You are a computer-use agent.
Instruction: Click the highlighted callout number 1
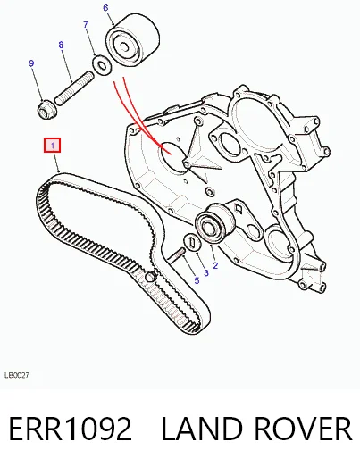pos(53,145)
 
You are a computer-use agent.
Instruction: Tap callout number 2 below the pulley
pos(215,265)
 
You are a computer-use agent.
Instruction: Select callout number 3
pos(206,273)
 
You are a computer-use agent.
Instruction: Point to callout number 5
pos(197,280)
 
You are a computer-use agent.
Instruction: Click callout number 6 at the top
pos(105,8)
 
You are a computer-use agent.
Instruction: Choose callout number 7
pos(86,24)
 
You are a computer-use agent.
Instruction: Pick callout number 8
pos(61,45)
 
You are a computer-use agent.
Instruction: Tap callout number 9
pos(31,63)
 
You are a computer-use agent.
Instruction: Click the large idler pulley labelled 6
pos(131,42)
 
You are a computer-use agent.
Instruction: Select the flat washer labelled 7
pos(102,65)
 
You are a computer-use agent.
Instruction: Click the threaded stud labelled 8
pos(74,88)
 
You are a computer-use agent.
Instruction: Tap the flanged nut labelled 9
pos(46,109)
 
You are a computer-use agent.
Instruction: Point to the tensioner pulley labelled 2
pos(214,223)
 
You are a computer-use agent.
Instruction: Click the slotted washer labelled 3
pos(193,242)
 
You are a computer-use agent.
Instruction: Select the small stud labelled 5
pos(177,256)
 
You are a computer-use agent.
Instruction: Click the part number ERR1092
pos(70,429)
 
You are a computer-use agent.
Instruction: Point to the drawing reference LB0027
pos(17,375)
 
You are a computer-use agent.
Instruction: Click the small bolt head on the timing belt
pos(151,277)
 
